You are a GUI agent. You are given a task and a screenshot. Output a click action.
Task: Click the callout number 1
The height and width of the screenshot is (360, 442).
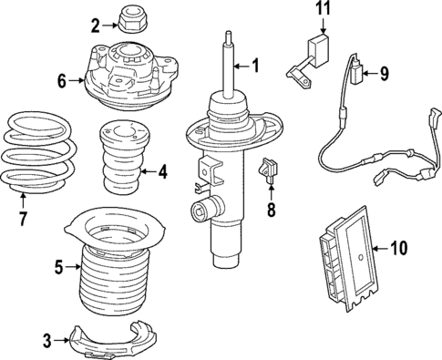(x=256, y=65)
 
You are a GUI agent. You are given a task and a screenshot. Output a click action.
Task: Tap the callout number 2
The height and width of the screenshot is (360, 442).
(x=95, y=25)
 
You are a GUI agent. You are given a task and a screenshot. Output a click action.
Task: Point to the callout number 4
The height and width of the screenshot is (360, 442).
(x=162, y=170)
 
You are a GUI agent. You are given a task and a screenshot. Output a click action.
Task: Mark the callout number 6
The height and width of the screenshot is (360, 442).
(x=62, y=81)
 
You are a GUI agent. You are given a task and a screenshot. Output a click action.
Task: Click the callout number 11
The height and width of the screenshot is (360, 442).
(x=319, y=11)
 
